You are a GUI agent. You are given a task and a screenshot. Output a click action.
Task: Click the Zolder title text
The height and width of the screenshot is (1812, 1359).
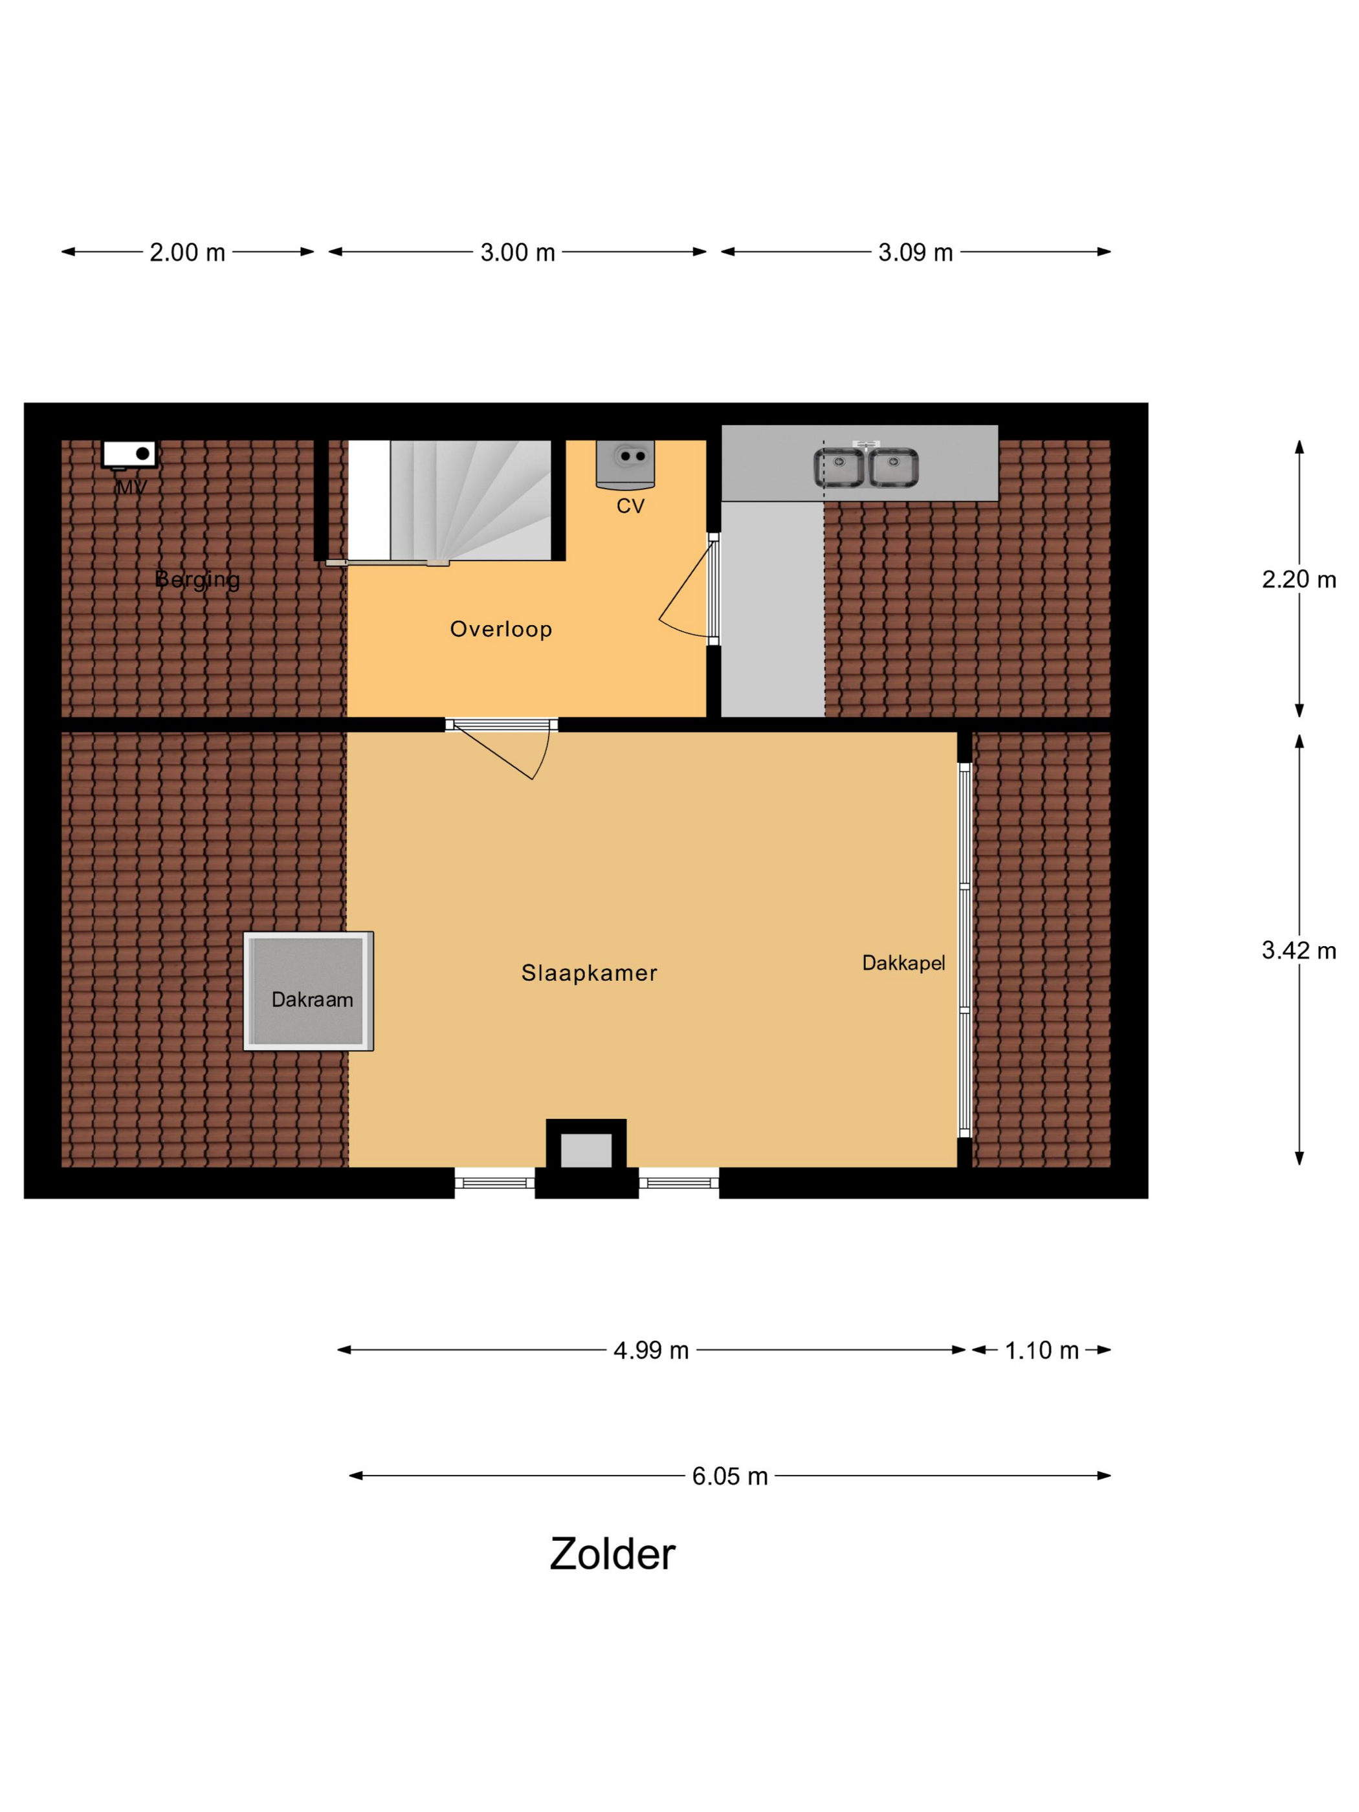(612, 1554)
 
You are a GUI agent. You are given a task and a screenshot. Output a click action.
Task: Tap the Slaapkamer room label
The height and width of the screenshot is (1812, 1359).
(589, 973)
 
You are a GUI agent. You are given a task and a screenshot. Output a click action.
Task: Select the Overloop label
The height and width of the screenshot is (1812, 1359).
(500, 628)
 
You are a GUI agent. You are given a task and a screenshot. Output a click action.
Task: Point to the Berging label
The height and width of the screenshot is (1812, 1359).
(197, 580)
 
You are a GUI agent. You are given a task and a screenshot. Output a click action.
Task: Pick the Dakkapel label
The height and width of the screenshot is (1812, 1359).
(903, 962)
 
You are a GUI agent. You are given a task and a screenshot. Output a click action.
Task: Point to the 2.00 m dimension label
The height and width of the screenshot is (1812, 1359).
(187, 252)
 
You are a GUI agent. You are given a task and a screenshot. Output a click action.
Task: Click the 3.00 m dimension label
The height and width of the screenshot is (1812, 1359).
(518, 252)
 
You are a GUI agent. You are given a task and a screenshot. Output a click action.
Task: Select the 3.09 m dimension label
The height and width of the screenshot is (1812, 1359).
(915, 252)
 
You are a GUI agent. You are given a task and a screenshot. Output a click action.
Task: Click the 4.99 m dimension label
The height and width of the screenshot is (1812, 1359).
(650, 1350)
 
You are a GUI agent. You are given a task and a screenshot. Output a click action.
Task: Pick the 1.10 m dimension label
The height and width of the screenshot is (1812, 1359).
(1041, 1350)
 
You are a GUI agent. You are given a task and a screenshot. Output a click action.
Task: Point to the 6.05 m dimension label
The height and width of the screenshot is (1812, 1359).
(729, 1475)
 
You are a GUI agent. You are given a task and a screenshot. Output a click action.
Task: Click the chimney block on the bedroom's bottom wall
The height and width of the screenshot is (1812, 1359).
(586, 1158)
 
